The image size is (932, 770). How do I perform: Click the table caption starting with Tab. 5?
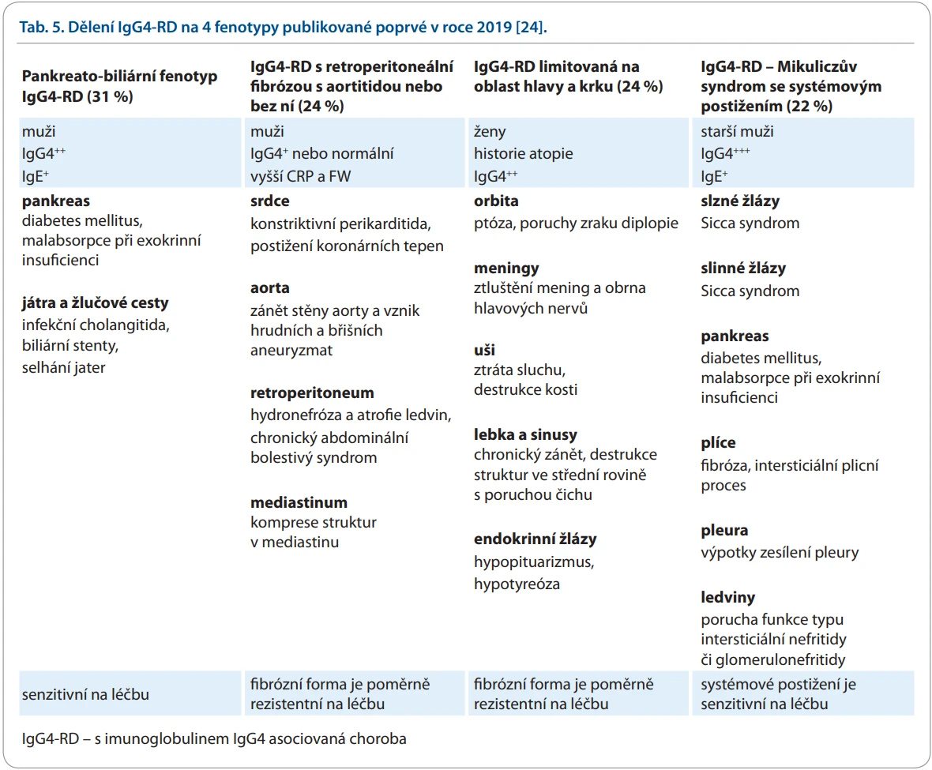[x=283, y=28]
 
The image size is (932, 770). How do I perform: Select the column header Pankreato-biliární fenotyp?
[x=119, y=86]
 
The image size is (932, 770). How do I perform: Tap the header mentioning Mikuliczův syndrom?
[x=791, y=86]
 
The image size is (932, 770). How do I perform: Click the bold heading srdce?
[x=270, y=201]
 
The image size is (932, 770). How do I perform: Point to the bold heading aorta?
[x=270, y=288]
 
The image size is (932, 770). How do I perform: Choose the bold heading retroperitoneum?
[x=312, y=393]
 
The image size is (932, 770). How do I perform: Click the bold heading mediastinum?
[x=299, y=502]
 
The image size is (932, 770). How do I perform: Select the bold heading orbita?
[x=496, y=201]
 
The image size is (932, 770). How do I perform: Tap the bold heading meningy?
[x=506, y=269]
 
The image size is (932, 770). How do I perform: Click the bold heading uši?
[x=484, y=350]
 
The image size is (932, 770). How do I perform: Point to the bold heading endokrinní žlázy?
[x=535, y=539]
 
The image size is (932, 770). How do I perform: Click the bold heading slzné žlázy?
[x=740, y=201]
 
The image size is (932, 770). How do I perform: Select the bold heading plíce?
[x=718, y=442]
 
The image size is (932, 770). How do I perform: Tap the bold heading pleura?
[x=724, y=531]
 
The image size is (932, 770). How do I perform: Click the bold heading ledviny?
[x=727, y=597]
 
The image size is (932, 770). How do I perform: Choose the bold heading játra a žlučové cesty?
[x=95, y=303]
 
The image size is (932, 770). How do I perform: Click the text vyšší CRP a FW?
[x=301, y=176]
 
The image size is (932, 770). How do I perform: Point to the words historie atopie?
[x=523, y=154]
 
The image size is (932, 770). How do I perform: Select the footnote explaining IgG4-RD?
[x=214, y=739]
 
